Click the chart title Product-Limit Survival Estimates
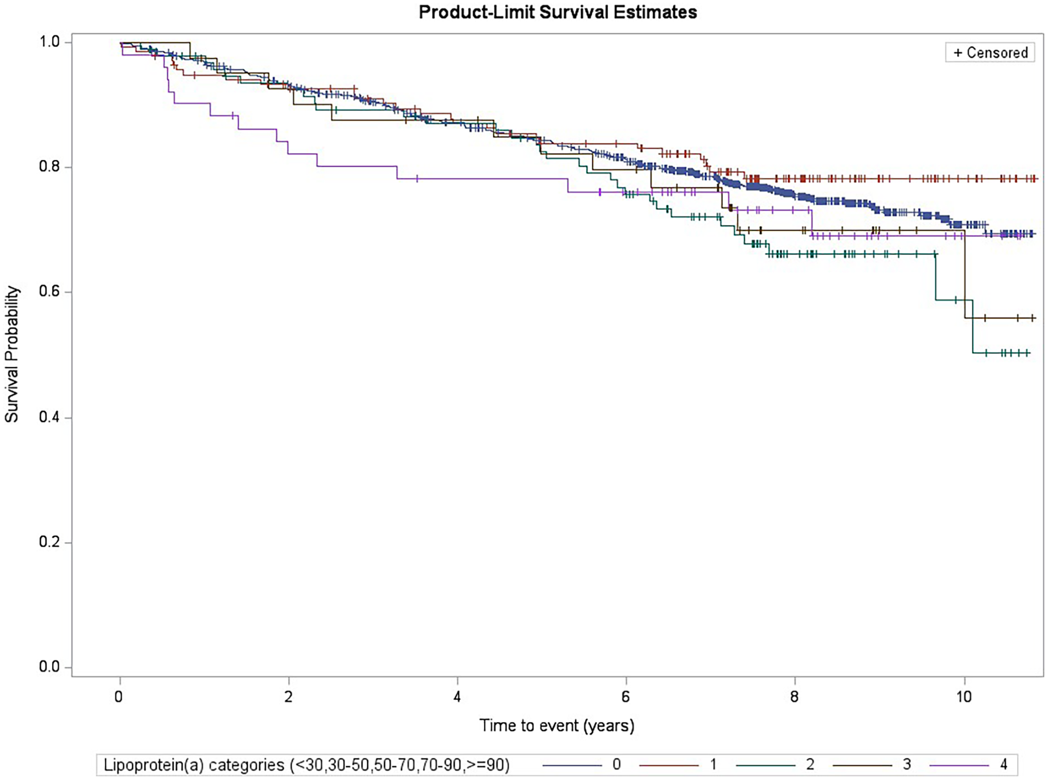point(557,12)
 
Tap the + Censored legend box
point(989,53)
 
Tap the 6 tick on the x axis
point(626,696)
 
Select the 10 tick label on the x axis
point(963,696)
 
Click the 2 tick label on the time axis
point(288,696)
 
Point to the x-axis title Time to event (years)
point(556,725)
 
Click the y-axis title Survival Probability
point(12,354)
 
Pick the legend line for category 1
point(669,765)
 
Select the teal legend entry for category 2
point(766,765)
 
